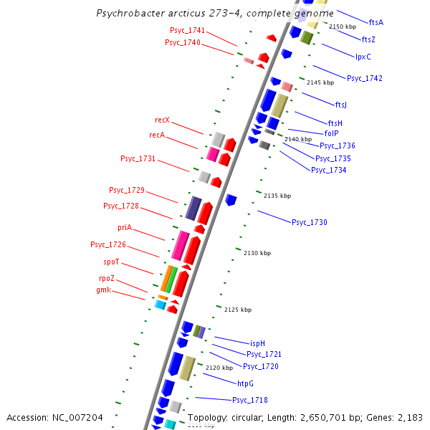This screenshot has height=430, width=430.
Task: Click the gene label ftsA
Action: pos(376,22)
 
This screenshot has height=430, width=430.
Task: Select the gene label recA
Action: pos(157,135)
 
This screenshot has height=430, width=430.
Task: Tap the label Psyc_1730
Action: pos(309,222)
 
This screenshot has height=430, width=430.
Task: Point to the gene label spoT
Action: pos(111,262)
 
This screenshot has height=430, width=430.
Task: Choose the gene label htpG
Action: pos(246,383)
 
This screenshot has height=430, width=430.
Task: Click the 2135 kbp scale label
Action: pos(277,196)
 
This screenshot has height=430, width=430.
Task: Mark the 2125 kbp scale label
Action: pos(238,310)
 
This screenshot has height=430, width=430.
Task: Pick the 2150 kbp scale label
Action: pos(343,27)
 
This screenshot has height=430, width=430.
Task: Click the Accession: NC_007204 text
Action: pos(54,417)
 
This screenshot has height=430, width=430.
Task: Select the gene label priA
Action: pos(125,227)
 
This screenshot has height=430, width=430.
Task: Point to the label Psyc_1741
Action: pos(187,30)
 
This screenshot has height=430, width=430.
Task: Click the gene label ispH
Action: pos(257,343)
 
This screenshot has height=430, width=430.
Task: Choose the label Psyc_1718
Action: pos(250,400)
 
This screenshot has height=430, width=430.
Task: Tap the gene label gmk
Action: pos(103,290)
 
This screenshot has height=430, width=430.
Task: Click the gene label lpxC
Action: pos(363,57)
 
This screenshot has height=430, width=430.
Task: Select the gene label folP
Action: pos(332,133)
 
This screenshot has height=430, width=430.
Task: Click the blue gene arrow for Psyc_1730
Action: pos(231,199)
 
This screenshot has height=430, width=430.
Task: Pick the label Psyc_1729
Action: pos(127,190)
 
